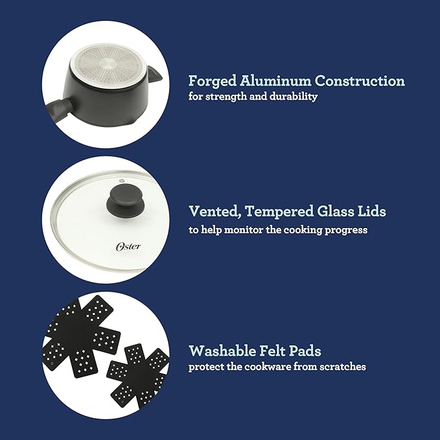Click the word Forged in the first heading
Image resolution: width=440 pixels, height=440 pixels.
click(213, 82)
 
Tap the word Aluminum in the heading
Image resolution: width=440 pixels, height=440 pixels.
click(275, 81)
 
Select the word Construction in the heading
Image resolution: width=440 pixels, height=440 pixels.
click(360, 81)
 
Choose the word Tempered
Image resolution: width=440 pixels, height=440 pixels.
click(279, 212)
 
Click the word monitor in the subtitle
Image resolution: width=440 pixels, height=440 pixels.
click(244, 230)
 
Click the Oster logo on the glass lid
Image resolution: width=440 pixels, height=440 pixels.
click(128, 246)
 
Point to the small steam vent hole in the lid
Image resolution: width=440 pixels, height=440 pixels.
click(121, 180)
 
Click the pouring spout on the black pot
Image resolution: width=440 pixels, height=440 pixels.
click(154, 74)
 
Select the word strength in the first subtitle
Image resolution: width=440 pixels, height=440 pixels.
click(226, 97)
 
